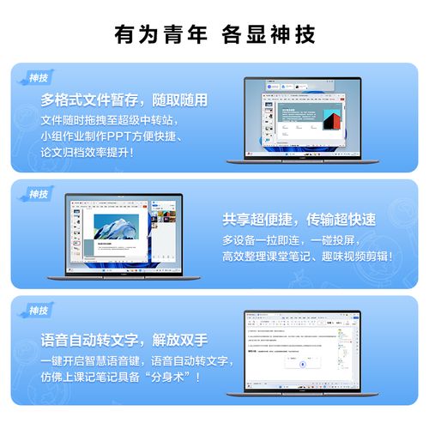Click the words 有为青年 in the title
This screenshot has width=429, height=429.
160,35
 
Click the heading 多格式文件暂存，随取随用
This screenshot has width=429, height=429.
124,100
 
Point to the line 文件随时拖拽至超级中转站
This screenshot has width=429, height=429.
112,119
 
